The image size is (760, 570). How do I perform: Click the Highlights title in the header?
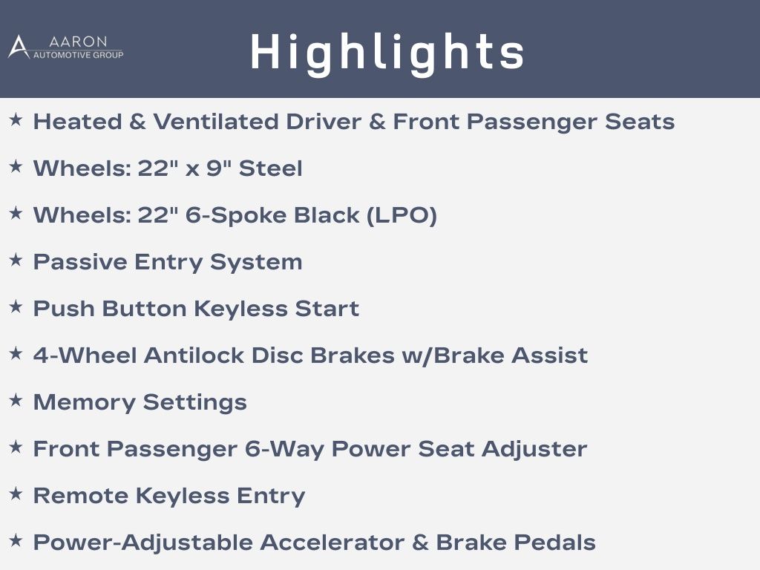387,53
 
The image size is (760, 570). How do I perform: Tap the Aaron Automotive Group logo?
65,47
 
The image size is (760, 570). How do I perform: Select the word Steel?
270,168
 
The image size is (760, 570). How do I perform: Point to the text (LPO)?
402,215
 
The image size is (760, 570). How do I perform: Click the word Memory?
85,403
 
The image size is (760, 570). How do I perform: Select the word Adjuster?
534,449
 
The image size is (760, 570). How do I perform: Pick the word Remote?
81,496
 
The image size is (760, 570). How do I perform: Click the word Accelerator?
332,543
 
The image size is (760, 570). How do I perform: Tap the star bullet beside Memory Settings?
16,400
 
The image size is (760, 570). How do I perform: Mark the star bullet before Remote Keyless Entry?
16,494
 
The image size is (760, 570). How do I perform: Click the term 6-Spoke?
236,216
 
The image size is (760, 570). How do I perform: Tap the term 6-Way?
284,450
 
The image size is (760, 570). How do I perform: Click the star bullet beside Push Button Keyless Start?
16,307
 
